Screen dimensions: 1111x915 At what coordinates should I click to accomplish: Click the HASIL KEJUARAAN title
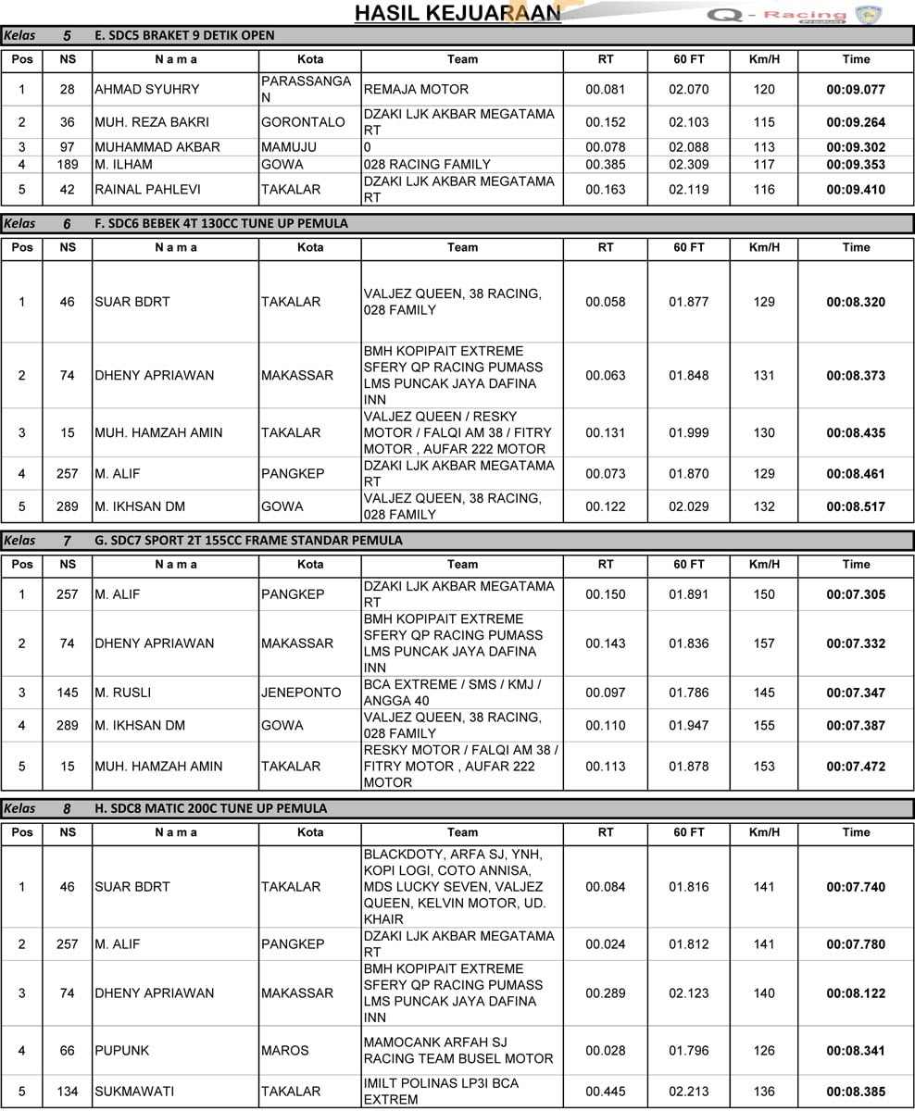pos(457,12)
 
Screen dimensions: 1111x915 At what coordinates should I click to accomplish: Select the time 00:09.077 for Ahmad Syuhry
pos(856,90)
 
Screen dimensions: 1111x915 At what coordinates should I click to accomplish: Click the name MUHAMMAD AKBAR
pos(157,147)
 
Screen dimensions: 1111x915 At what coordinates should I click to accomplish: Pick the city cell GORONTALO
pos(303,122)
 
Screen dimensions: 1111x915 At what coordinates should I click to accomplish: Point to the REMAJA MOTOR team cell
pos(417,90)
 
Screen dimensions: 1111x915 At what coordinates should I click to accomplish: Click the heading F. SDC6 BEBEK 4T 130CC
pos(221,223)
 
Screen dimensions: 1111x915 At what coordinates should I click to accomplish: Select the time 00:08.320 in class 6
pos(856,302)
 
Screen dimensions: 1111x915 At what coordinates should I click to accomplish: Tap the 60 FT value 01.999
pos(688,432)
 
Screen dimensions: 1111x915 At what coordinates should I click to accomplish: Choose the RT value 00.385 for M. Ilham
pos(606,165)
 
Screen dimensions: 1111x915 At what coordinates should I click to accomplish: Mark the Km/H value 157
pos(764,643)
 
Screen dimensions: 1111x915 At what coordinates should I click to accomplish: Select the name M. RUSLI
pos(122,693)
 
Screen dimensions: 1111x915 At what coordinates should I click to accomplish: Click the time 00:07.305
pos(856,594)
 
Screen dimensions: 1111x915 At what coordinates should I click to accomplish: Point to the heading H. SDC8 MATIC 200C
pos(210,808)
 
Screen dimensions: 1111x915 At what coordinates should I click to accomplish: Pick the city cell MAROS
pos(282,1051)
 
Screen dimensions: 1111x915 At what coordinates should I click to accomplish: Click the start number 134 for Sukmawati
pos(68,1092)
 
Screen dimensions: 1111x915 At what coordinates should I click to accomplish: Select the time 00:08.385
pos(856,1092)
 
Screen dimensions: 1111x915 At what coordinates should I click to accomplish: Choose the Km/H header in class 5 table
pos(764,59)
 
